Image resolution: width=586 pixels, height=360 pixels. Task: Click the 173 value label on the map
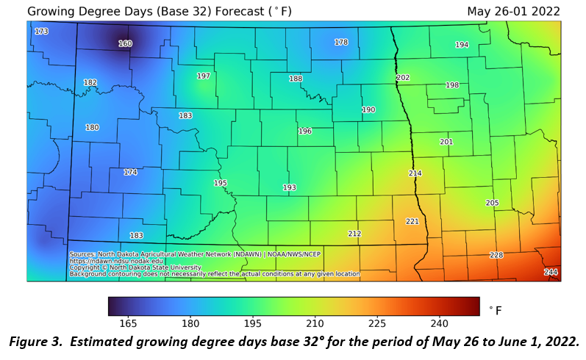(x=41, y=32)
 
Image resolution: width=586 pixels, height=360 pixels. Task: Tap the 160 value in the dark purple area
(x=125, y=44)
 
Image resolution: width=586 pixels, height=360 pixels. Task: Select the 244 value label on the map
(x=551, y=273)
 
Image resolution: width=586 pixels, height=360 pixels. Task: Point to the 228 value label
(x=496, y=255)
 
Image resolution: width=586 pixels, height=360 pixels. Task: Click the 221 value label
(x=412, y=221)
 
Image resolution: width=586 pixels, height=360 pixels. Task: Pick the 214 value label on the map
(x=415, y=173)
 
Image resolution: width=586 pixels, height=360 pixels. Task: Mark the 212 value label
(x=354, y=234)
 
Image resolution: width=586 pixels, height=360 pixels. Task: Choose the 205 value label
(x=493, y=203)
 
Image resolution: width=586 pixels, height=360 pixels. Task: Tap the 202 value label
(x=403, y=78)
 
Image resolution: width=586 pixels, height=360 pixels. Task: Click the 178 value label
(x=341, y=43)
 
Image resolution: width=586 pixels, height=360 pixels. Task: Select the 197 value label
(x=204, y=76)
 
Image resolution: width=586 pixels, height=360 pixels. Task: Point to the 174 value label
(x=130, y=173)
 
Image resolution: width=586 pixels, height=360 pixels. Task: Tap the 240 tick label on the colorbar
(x=439, y=323)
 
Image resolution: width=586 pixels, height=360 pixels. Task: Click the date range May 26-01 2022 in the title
(x=513, y=12)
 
